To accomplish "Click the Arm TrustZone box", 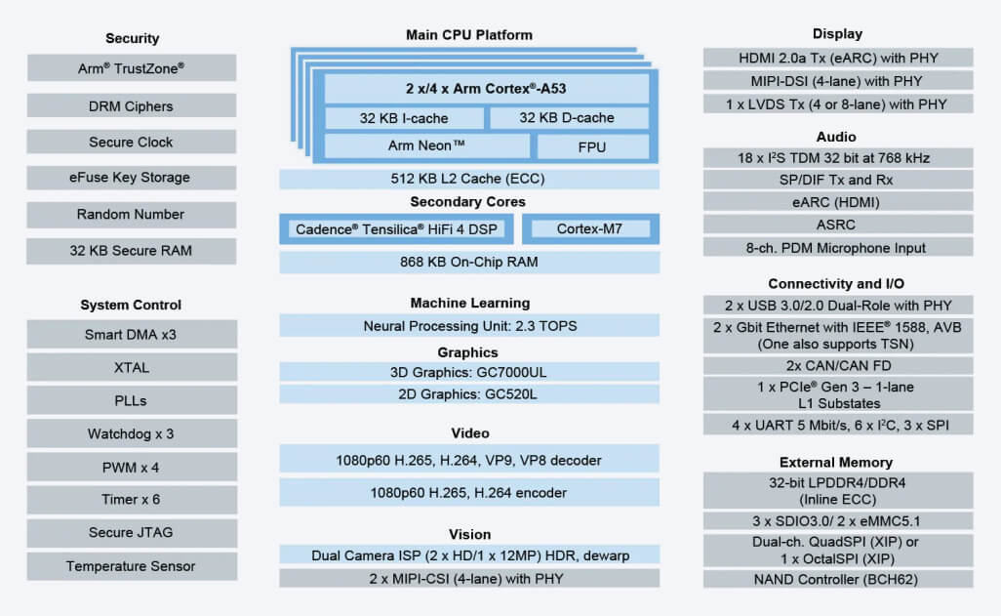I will pyautogui.click(x=132, y=68).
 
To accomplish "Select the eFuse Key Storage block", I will pyautogui.click(x=132, y=178).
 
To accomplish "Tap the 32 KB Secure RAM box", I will pyautogui.click(x=132, y=251).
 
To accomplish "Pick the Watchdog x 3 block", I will pyautogui.click(x=132, y=433).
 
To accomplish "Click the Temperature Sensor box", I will pyautogui.click(x=132, y=566).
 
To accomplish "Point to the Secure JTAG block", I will pyautogui.click(x=132, y=533).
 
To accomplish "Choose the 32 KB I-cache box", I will pyautogui.click(x=404, y=118).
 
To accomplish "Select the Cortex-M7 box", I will pyautogui.click(x=589, y=229).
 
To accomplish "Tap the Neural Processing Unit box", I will pyautogui.click(x=469, y=326).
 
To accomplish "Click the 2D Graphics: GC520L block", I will pyautogui.click(x=469, y=394).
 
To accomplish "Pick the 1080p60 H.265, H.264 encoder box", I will pyautogui.click(x=469, y=492).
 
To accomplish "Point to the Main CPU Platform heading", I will pyautogui.click(x=469, y=35).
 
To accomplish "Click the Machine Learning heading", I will pyautogui.click(x=469, y=303).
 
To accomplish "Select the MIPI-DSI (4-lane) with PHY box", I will pyautogui.click(x=838, y=81).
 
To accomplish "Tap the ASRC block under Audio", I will pyautogui.click(x=838, y=225).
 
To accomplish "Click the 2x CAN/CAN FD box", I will pyautogui.click(x=838, y=366).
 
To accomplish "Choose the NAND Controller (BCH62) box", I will pyautogui.click(x=838, y=579).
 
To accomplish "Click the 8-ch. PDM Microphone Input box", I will pyautogui.click(x=838, y=247).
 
